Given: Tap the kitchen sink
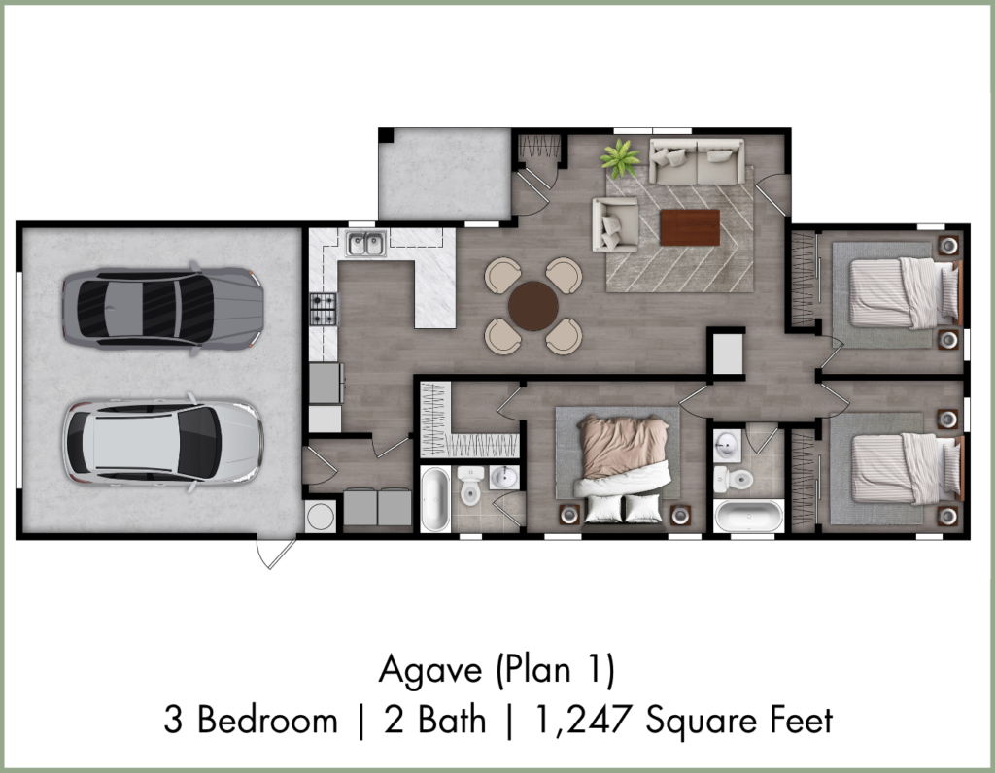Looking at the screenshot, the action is (366, 244).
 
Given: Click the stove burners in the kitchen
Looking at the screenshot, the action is (323, 310).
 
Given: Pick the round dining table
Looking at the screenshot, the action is (533, 306).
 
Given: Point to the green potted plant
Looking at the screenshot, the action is (621, 157).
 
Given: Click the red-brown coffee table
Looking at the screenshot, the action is (690, 227).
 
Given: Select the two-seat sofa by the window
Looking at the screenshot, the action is (697, 162).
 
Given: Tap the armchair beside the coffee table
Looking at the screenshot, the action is (615, 224).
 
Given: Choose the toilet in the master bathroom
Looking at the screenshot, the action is (470, 486).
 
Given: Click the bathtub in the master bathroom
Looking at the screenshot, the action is (435, 499).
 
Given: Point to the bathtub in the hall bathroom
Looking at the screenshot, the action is (749, 517).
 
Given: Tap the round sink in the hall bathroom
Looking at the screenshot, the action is (727, 446).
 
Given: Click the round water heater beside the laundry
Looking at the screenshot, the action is (321, 517).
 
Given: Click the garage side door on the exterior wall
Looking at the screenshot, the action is (276, 554).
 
